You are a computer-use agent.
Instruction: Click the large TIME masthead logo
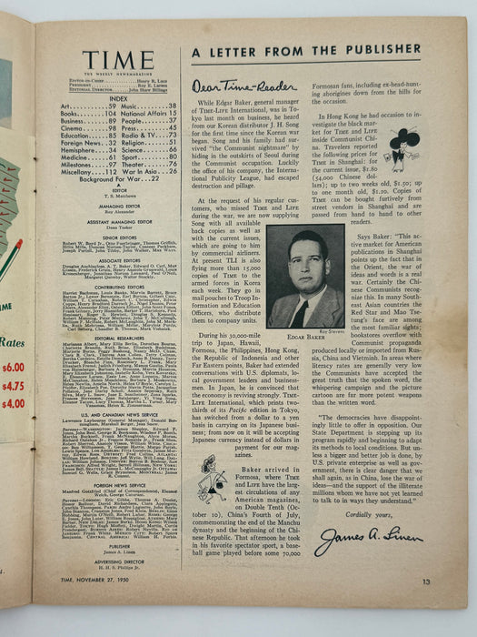(x=118, y=61)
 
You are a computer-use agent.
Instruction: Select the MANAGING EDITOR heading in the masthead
(x=118, y=207)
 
